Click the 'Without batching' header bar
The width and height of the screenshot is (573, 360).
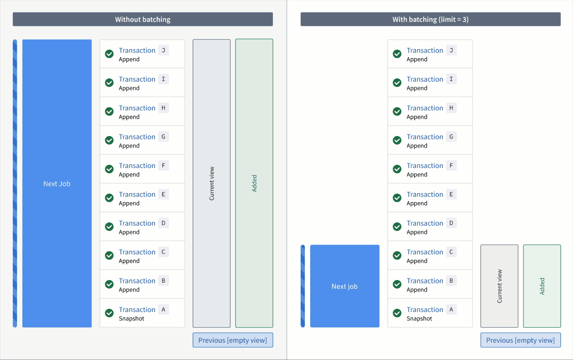(143, 19)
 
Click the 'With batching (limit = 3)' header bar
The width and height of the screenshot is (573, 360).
(430, 19)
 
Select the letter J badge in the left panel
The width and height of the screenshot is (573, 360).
(163, 50)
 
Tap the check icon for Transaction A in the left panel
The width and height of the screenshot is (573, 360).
(109, 313)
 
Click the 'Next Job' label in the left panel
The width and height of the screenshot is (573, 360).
(57, 184)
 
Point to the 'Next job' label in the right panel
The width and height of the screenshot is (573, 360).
(344, 286)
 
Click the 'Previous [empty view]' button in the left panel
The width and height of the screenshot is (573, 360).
(233, 340)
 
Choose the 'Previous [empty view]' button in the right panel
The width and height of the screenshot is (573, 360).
(520, 340)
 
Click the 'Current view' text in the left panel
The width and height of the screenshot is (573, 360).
(212, 183)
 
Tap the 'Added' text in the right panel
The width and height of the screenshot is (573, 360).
(542, 286)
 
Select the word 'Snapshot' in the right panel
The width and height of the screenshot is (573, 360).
(419, 319)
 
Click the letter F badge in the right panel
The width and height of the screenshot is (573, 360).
(451, 166)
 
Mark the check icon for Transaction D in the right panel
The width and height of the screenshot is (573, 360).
(397, 227)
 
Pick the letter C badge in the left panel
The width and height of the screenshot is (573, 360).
(163, 252)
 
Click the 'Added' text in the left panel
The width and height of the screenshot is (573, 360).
(254, 183)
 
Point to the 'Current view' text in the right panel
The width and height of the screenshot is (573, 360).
(499, 286)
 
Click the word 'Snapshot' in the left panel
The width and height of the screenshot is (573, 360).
(131, 319)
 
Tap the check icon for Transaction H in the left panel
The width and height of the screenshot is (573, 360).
(109, 111)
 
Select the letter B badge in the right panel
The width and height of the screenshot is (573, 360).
(451, 281)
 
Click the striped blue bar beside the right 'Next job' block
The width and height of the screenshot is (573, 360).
(303, 286)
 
